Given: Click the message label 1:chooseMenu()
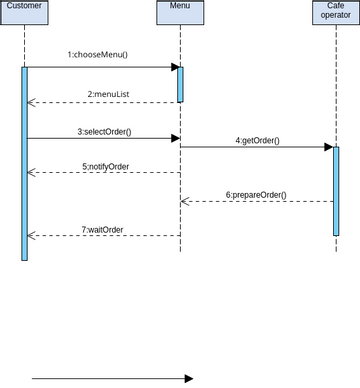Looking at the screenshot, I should click(98, 54).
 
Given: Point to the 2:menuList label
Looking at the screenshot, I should click(104, 93).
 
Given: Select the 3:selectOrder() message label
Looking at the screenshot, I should click(104, 131).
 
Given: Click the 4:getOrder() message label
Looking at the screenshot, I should click(257, 141).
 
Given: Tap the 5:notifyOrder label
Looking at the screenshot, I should click(104, 165).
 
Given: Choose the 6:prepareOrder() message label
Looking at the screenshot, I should click(256, 194).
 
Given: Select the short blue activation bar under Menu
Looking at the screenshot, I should click(180, 84).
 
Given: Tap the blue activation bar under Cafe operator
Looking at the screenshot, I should click(336, 190).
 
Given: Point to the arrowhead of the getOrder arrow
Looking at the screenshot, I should click(328, 147).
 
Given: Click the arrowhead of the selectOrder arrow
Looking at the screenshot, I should click(174, 138).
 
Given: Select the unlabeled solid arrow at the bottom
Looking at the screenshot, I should click(110, 379).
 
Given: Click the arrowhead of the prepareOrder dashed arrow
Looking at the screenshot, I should click(185, 201).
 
